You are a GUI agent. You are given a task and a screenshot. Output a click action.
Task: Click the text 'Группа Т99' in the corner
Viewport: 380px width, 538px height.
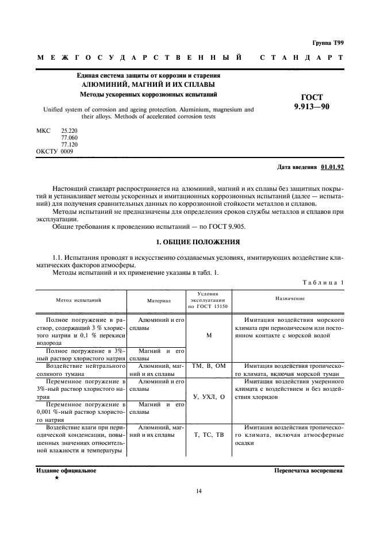point(328,42)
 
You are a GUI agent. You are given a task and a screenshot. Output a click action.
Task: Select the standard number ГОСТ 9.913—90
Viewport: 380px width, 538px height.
point(312,102)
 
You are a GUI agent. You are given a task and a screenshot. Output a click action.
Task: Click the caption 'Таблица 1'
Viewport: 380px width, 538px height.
point(322,282)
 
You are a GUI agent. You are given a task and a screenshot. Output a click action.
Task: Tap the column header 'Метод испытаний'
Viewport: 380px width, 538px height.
point(79,300)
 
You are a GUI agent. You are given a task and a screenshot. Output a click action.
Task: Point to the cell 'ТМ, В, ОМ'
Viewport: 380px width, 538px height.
point(209,366)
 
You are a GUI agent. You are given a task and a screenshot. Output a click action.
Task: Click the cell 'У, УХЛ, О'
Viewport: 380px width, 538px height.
point(209,397)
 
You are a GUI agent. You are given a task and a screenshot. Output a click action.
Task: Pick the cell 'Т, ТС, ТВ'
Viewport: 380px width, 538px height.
point(209,435)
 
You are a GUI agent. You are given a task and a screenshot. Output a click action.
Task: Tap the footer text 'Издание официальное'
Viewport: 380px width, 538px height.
point(66,470)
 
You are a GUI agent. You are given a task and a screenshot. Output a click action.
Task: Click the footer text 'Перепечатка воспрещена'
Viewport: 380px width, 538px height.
point(309,470)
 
